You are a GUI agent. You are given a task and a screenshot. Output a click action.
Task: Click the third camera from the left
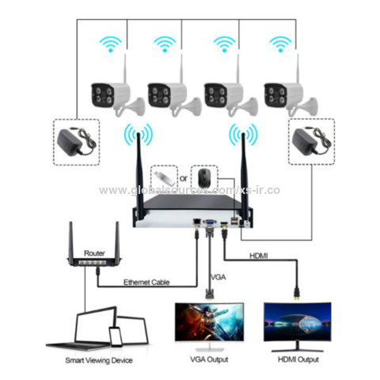[225, 93]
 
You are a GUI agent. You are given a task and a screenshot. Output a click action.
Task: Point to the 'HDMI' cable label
[260, 256]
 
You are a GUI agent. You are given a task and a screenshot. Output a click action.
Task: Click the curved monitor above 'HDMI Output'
[298, 325]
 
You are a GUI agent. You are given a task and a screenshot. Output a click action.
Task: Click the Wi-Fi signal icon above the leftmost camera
[108, 43]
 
